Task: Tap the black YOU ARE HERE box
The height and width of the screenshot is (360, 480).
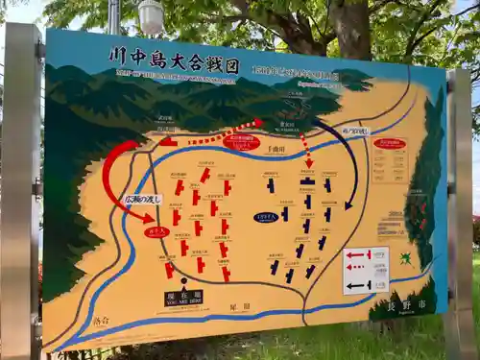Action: click(182, 298)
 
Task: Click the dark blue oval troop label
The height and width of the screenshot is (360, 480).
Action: click(266, 217)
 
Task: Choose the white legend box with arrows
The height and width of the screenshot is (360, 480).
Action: click(366, 270)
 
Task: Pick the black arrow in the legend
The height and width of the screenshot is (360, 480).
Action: click(358, 285)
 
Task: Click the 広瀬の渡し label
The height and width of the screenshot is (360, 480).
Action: click(143, 199)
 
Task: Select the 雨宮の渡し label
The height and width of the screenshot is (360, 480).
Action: click(354, 131)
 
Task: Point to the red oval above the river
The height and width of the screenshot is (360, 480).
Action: click(241, 142)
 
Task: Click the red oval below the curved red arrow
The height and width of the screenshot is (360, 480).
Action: click(156, 231)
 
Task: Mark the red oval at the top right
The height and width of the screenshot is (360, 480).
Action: click(390, 144)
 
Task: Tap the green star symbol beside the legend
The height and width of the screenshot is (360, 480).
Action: click(406, 257)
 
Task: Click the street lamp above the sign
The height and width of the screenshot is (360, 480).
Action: click(151, 16)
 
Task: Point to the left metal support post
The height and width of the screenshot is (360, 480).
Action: click(21, 192)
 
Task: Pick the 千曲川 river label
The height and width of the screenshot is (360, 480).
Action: click(276, 150)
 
